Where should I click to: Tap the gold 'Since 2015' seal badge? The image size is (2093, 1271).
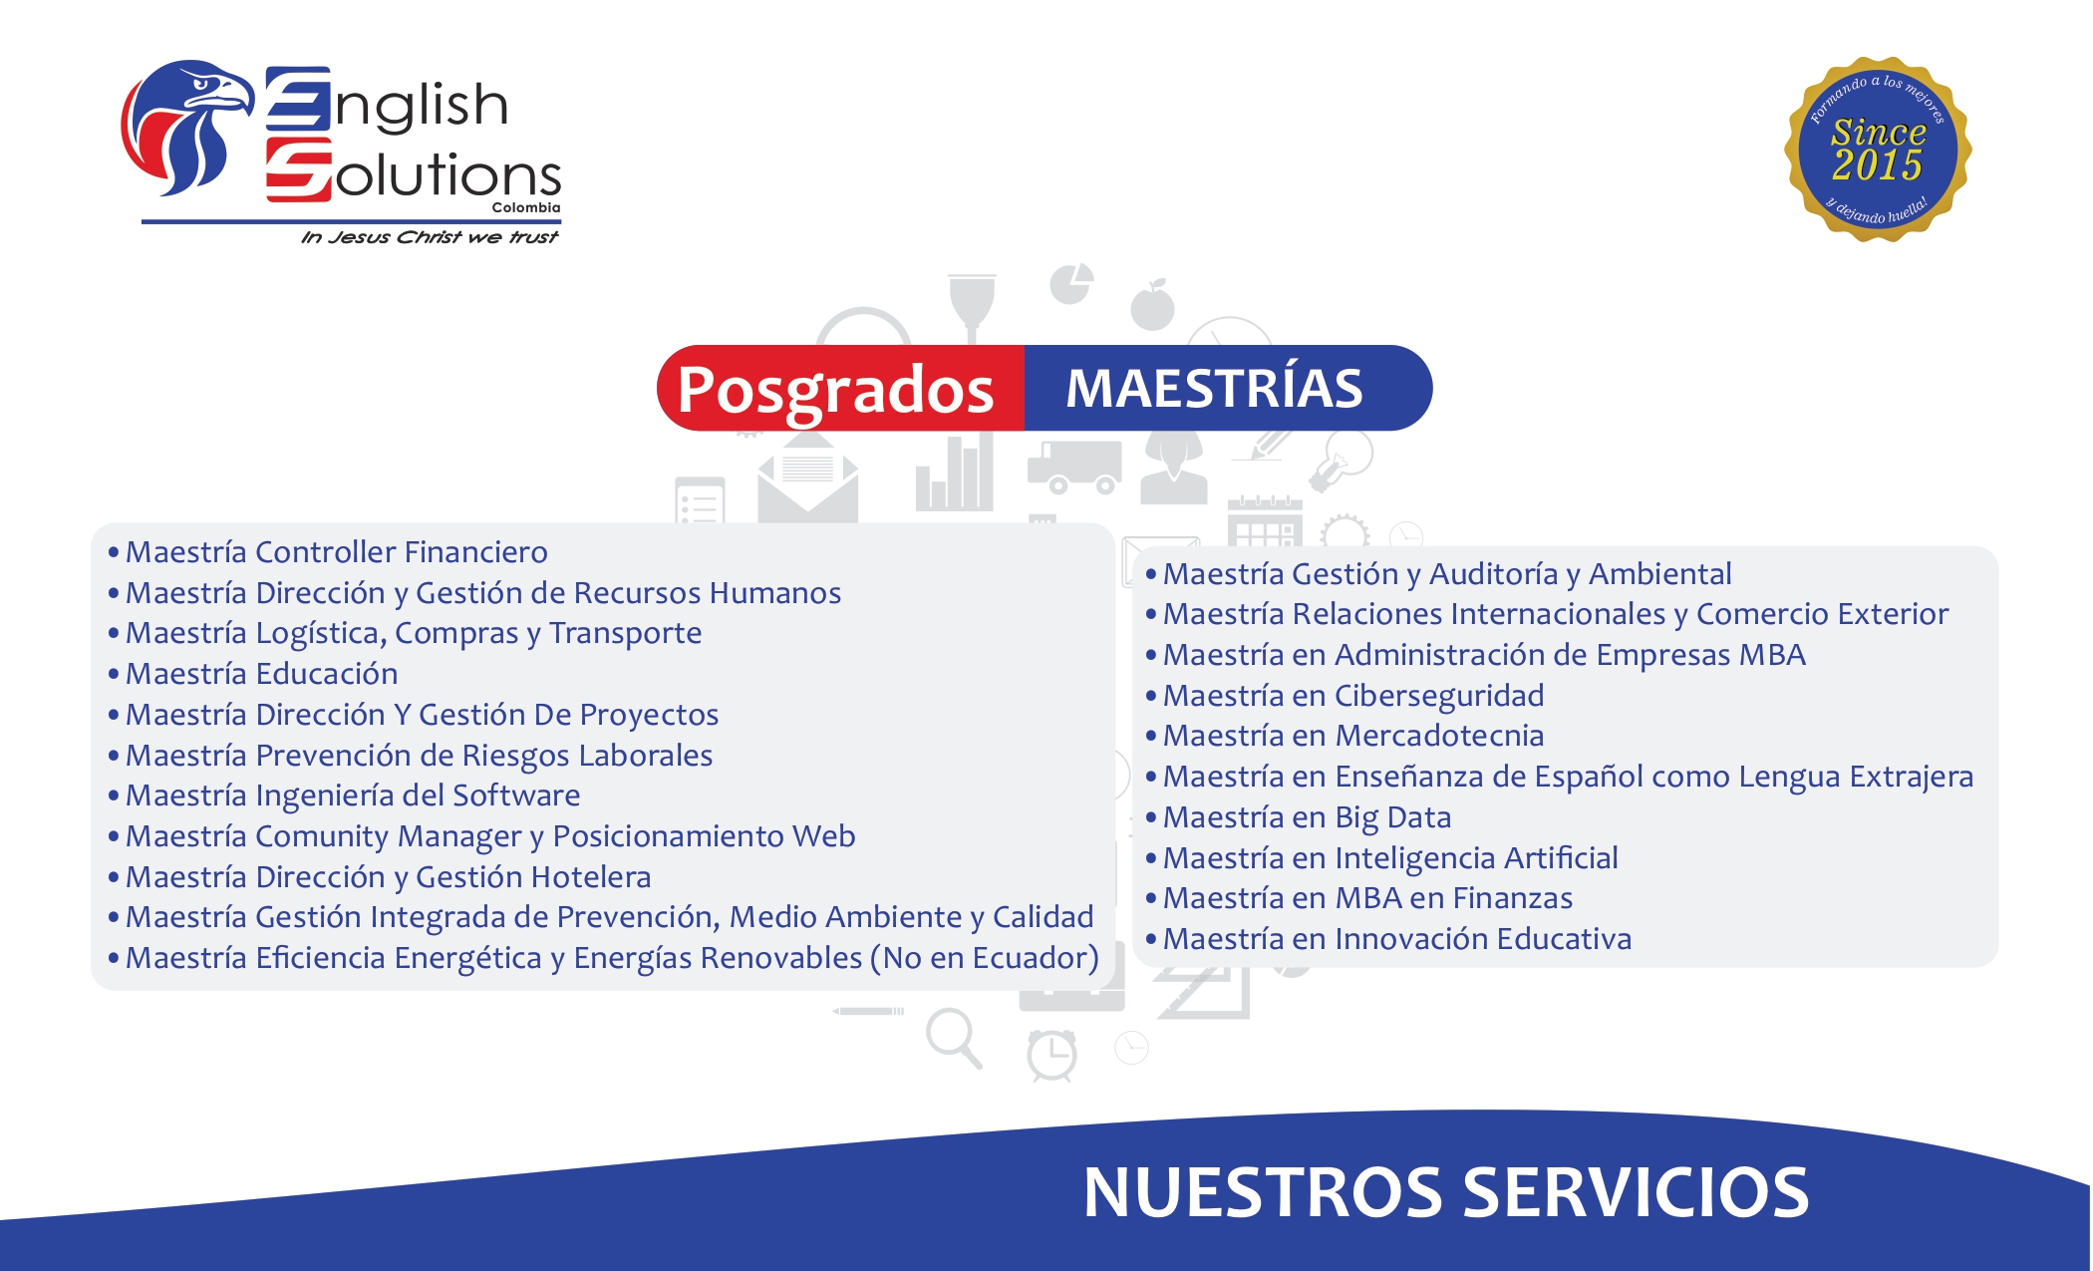click(x=1878, y=150)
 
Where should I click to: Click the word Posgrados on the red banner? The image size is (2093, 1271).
click(x=835, y=389)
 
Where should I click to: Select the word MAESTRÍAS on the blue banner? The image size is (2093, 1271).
click(x=1214, y=389)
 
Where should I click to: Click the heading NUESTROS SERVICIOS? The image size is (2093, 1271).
click(x=1445, y=1192)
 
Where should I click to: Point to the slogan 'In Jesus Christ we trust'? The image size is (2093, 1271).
click(x=430, y=237)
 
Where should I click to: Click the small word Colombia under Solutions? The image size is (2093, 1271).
click(x=526, y=207)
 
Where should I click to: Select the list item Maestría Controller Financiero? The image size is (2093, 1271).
click(x=336, y=552)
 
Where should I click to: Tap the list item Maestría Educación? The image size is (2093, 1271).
click(x=261, y=674)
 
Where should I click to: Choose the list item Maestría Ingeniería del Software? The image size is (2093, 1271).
click(x=352, y=795)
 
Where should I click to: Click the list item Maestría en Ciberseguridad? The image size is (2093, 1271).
click(x=1352, y=696)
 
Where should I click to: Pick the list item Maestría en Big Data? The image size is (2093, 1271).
click(x=1307, y=817)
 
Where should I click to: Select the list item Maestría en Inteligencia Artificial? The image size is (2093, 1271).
click(x=1389, y=858)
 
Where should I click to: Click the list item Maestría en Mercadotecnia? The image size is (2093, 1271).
click(x=1352, y=736)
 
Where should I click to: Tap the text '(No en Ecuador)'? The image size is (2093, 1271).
click(x=985, y=958)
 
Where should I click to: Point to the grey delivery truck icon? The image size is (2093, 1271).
click(x=1074, y=467)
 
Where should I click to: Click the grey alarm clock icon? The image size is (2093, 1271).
click(x=1052, y=1056)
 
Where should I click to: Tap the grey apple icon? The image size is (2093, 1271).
click(x=1152, y=305)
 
